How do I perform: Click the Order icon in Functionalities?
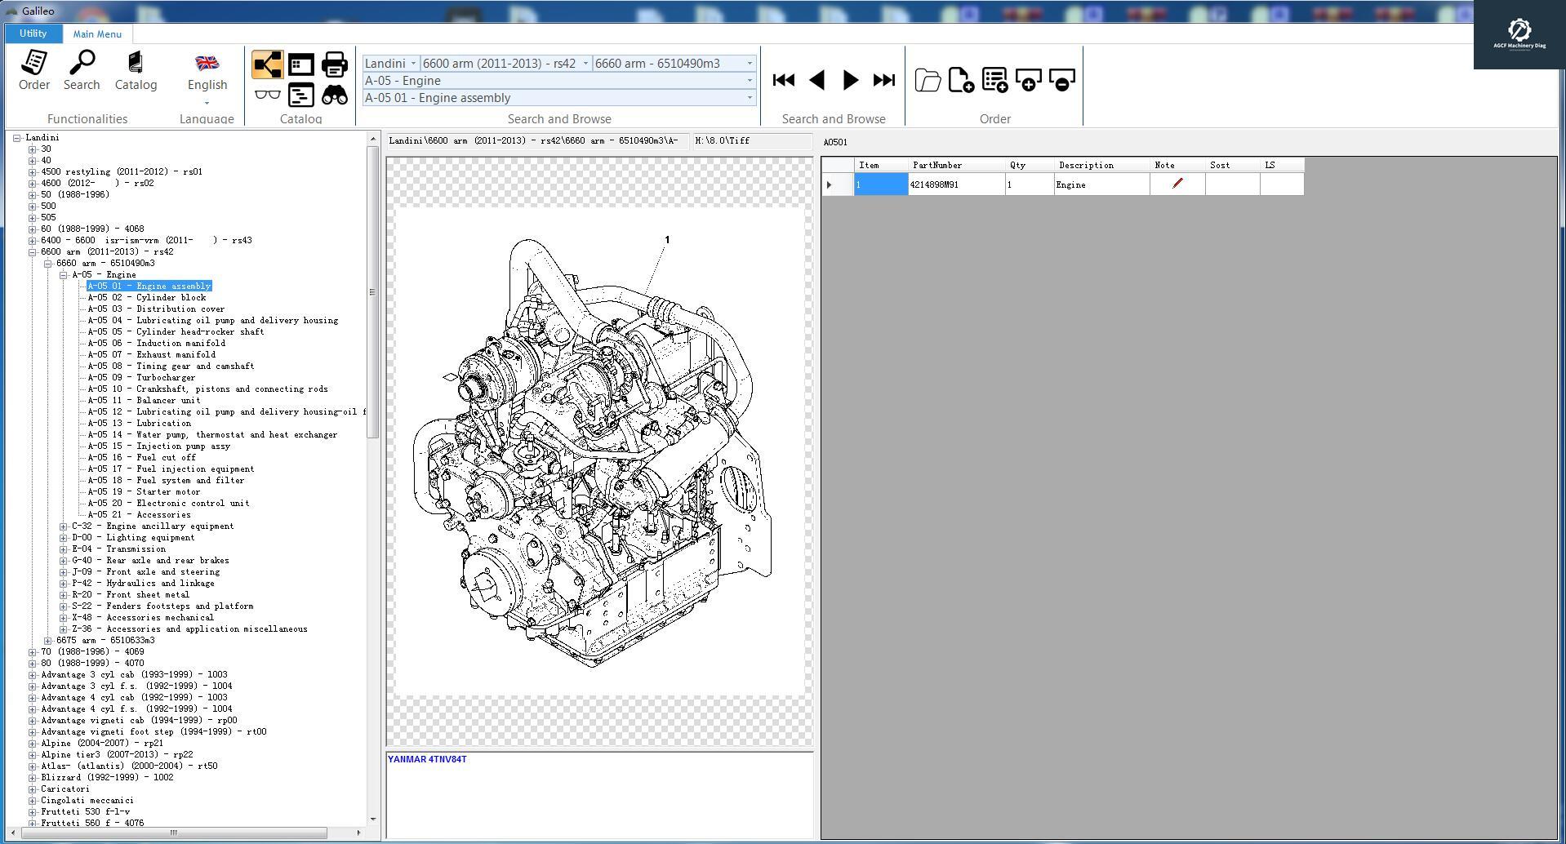[34, 69]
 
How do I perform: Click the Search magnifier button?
[82, 69]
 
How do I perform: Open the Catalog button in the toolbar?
[136, 69]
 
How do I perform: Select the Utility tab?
[33, 33]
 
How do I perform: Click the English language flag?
[207, 64]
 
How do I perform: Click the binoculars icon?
[335, 96]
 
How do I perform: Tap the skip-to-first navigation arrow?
[784, 80]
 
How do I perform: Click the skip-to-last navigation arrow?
[884, 80]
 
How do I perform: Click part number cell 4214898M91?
[955, 184]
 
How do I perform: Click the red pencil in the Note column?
[1177, 184]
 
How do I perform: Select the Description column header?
[1086, 165]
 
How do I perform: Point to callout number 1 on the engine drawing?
[667, 240]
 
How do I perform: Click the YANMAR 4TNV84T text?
[427, 759]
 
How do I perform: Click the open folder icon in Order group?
[928, 80]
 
